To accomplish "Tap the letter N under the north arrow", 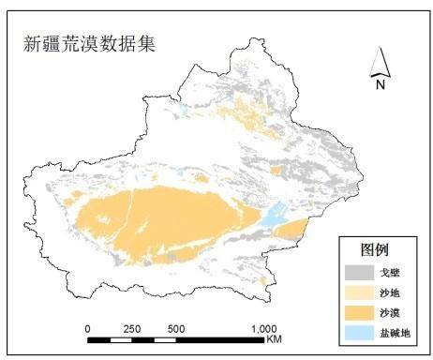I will pos(381,83).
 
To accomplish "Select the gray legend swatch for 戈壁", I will pos(355,272).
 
